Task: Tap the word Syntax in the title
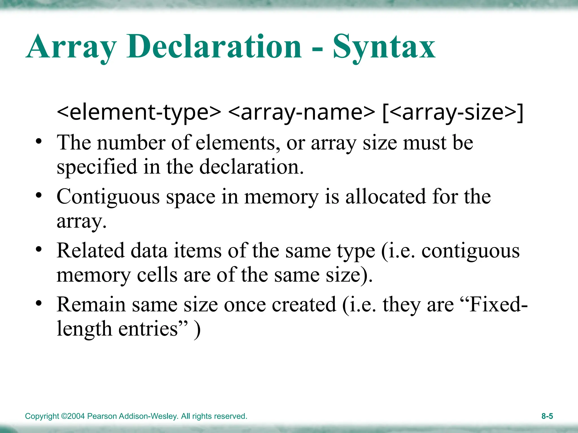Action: coord(384,47)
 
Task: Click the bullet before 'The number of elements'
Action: coord(39,141)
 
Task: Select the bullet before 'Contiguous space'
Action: coord(39,195)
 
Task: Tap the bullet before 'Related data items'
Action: coord(39,249)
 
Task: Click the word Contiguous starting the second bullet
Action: coord(108,197)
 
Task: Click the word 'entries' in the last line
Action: coord(148,329)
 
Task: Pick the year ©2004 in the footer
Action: coord(73,416)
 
